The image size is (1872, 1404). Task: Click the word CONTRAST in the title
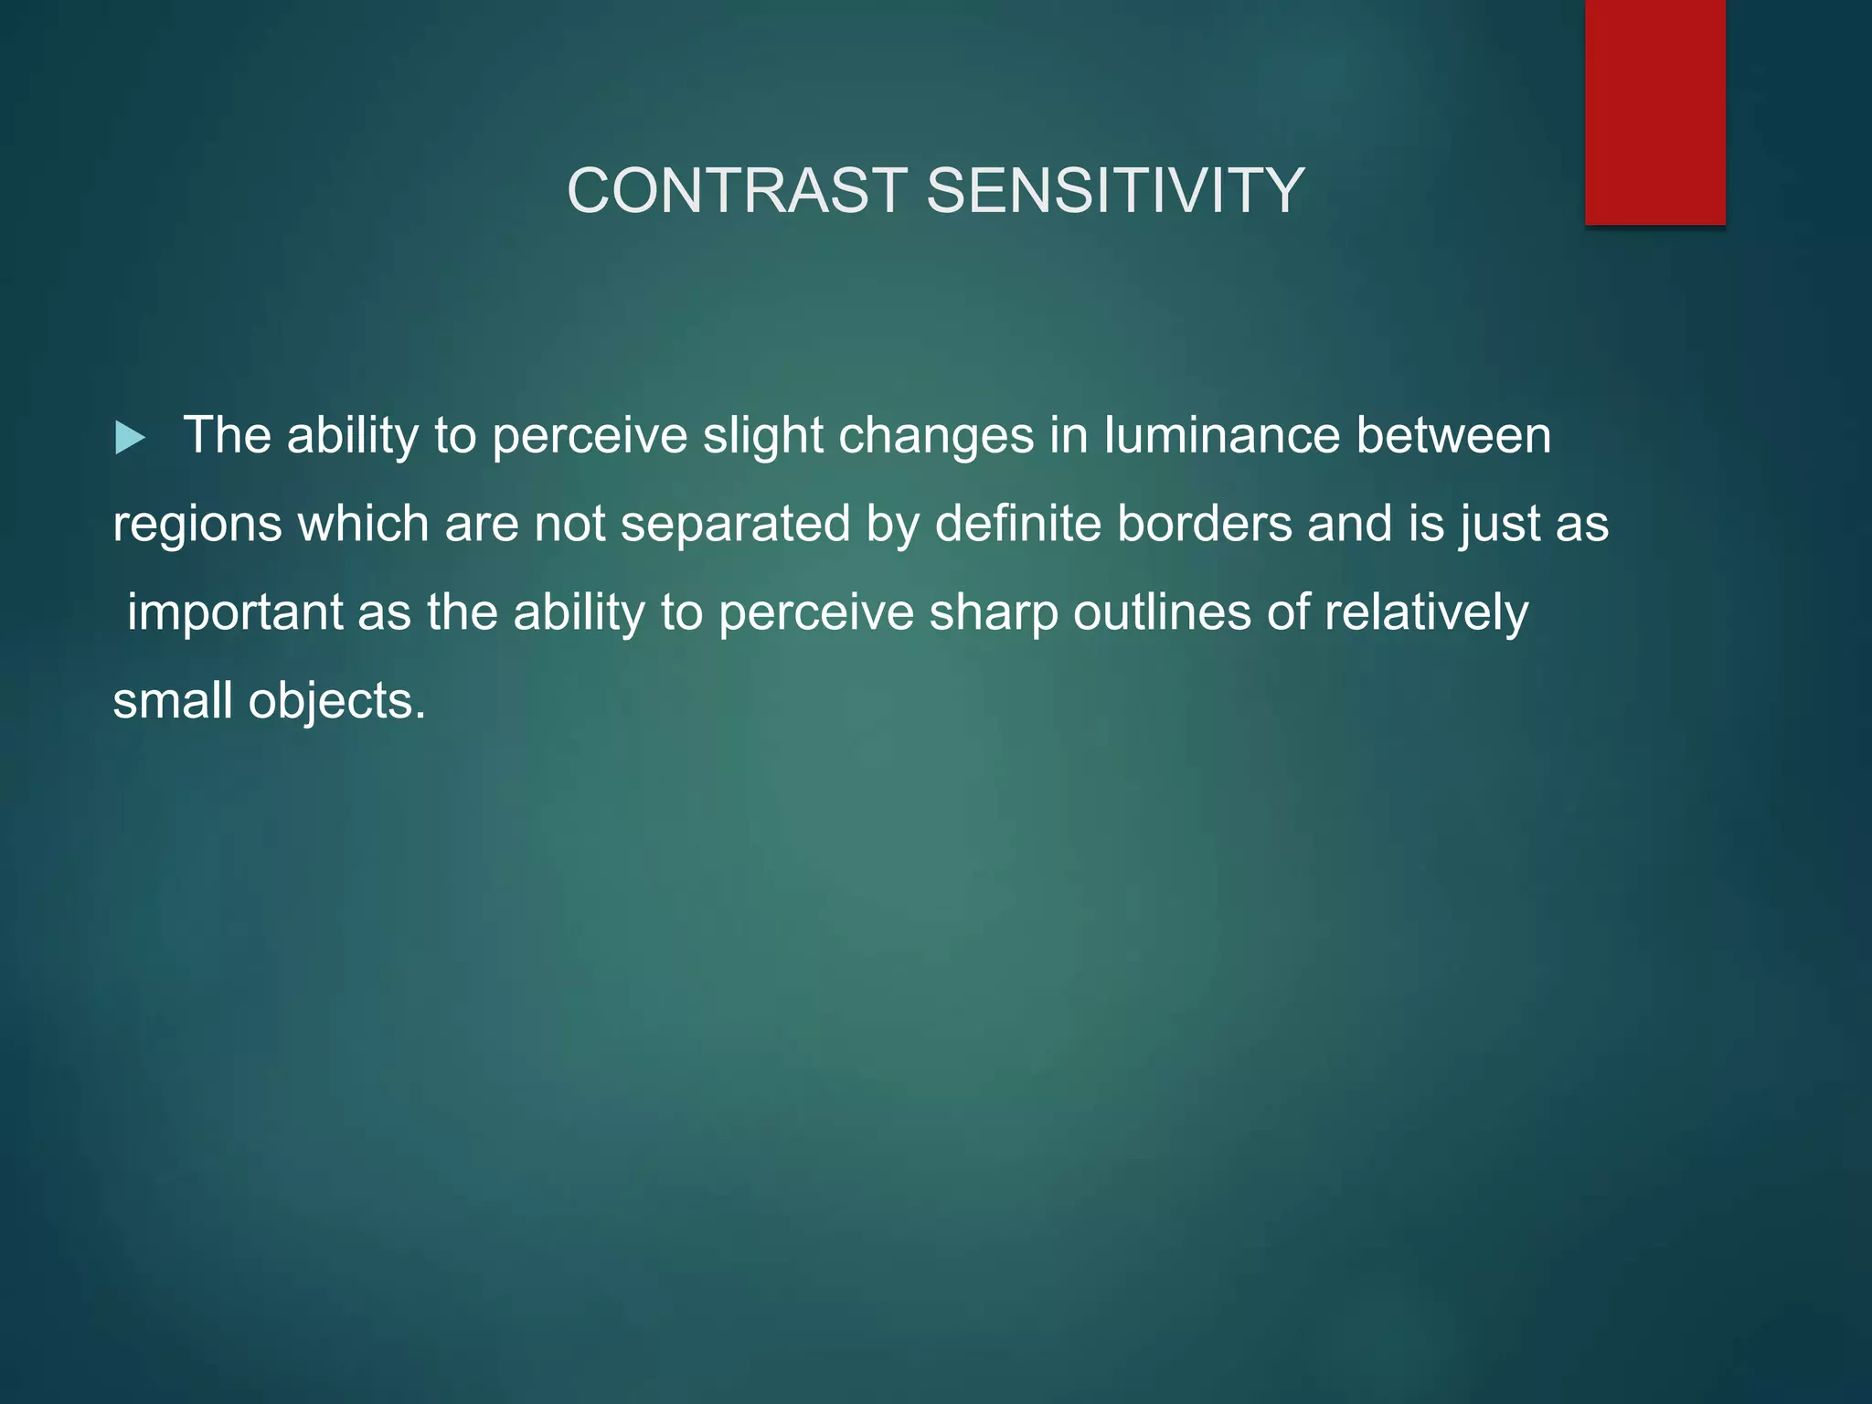[737, 191]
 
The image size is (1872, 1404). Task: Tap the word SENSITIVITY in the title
[1115, 191]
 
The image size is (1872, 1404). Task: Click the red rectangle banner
[1654, 112]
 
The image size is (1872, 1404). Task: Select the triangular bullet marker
[130, 438]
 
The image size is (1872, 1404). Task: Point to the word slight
[762, 436]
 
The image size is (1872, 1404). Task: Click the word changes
[936, 436]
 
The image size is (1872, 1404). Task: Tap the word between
[1453, 436]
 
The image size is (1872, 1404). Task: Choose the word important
[235, 612]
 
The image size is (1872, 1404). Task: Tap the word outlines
[1162, 612]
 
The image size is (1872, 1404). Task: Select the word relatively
[1426, 612]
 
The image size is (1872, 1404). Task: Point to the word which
[364, 524]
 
